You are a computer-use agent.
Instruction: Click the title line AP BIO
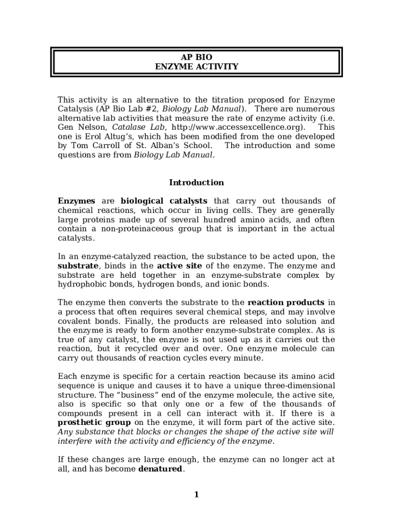(196, 57)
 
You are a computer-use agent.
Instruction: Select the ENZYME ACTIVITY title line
(196, 67)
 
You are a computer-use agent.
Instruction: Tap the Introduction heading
(196, 183)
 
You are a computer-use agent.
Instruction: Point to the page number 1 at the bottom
(196, 494)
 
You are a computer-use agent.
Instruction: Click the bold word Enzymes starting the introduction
(76, 201)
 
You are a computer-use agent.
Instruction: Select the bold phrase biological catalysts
(164, 201)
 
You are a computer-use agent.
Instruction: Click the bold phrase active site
(179, 266)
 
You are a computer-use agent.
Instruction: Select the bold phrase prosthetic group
(94, 422)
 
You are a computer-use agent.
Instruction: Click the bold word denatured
(160, 469)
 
